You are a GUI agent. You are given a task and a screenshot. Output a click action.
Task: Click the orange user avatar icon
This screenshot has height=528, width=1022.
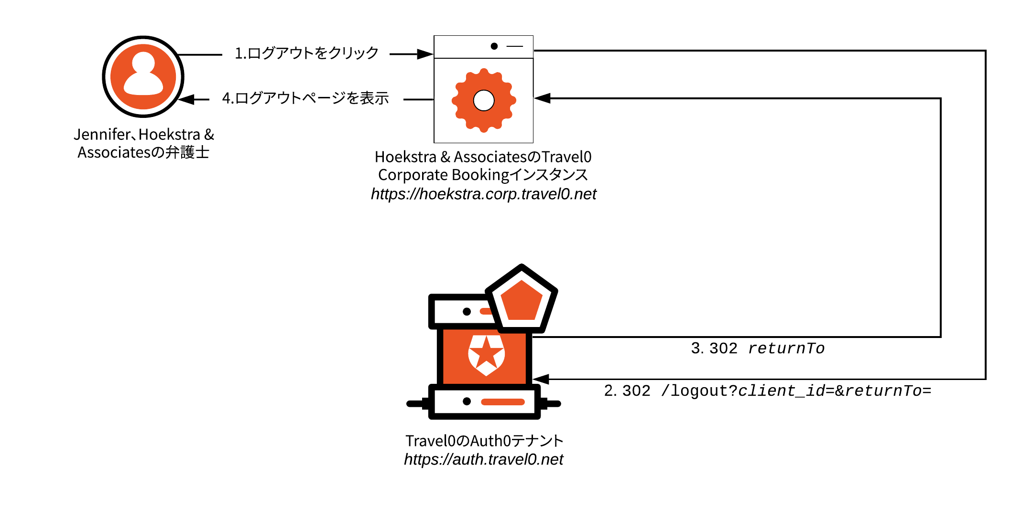point(143,76)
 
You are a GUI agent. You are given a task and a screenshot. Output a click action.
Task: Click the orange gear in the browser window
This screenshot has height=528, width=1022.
point(484,100)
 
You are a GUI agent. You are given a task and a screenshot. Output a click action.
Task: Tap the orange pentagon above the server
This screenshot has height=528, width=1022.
point(522,301)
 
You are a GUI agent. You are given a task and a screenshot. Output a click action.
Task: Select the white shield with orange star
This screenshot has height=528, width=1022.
point(486,355)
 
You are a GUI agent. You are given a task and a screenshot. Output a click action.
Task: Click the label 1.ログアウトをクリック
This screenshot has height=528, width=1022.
point(306,53)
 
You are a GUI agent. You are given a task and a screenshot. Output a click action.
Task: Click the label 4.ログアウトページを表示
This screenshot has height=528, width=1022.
point(305,98)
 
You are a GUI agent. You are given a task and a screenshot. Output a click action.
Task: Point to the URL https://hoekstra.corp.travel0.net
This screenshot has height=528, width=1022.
point(483,194)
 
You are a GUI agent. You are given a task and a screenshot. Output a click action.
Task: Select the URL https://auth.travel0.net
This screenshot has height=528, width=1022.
point(483,459)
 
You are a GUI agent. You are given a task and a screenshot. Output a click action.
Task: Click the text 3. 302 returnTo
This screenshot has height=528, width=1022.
point(758,348)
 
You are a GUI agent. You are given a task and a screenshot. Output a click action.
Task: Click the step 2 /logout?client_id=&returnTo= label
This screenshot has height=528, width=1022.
point(767,391)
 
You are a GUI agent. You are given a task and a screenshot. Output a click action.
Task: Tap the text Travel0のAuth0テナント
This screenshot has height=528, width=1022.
point(484,441)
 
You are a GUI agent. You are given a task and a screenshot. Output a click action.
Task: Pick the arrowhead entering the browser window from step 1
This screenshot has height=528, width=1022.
point(425,54)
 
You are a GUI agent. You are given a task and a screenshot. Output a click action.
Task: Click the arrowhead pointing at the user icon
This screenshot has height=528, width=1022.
point(186,99)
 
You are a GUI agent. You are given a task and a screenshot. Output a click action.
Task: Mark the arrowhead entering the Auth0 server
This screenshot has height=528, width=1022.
point(541,380)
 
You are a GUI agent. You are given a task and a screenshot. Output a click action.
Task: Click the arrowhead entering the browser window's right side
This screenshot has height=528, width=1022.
point(542,98)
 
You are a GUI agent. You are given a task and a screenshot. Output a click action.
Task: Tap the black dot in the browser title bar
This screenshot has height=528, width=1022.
point(494,46)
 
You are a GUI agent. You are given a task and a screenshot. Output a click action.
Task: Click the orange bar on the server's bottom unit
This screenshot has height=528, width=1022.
point(502,401)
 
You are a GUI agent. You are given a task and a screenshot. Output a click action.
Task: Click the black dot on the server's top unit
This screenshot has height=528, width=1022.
point(467,312)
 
